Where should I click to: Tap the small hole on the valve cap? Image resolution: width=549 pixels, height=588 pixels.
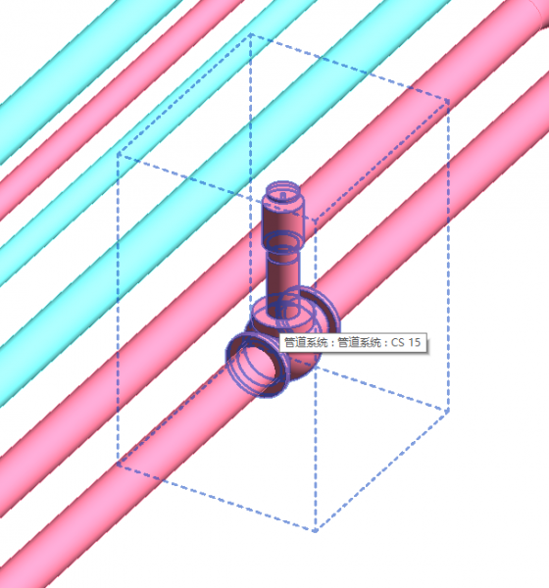[x=285, y=193]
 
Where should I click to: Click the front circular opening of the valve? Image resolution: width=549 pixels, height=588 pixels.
[x=256, y=364]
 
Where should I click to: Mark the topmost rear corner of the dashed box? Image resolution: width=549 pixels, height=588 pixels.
[x=251, y=35]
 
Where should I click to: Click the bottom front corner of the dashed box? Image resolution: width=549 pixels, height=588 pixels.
[x=316, y=531]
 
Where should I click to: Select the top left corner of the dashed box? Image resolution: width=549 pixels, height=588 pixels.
[x=119, y=155]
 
